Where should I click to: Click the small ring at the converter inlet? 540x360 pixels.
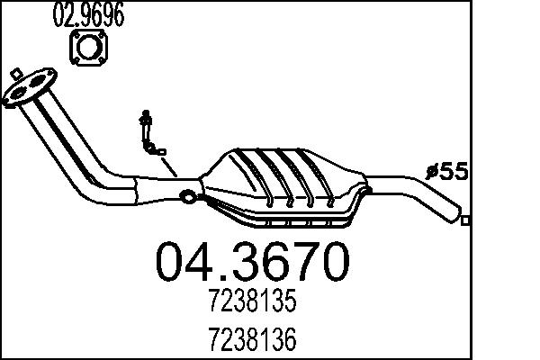pyautogui.click(x=187, y=197)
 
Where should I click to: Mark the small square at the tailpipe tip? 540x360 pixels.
pyautogui.click(x=464, y=219)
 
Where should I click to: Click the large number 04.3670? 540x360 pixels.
pyautogui.click(x=252, y=263)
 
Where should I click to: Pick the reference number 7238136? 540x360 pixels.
pyautogui.click(x=253, y=341)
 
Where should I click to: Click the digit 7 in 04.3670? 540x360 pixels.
pyautogui.click(x=296, y=263)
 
